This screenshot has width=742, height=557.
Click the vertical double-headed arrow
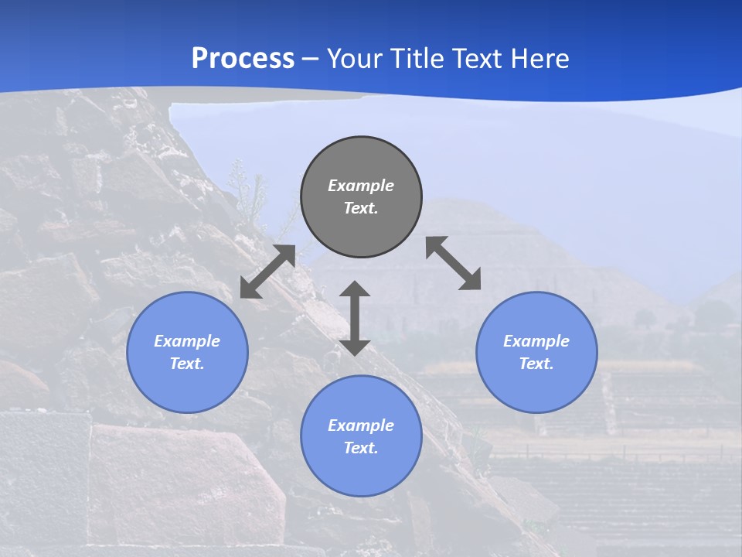coord(355,318)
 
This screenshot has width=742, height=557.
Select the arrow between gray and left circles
coord(267,272)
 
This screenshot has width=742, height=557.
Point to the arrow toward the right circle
coord(454,263)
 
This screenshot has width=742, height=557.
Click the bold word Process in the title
coord(243,59)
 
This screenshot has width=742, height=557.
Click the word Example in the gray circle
coord(361,186)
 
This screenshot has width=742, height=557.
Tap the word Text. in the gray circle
coord(361,208)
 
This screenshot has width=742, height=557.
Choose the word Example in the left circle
coord(187,341)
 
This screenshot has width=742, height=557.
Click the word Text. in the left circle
coord(187,364)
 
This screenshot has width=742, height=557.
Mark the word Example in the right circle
coord(536,341)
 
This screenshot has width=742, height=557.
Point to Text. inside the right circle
coord(536,364)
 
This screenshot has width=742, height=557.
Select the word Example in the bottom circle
coord(361,425)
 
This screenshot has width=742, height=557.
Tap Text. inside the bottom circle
coord(361,448)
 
